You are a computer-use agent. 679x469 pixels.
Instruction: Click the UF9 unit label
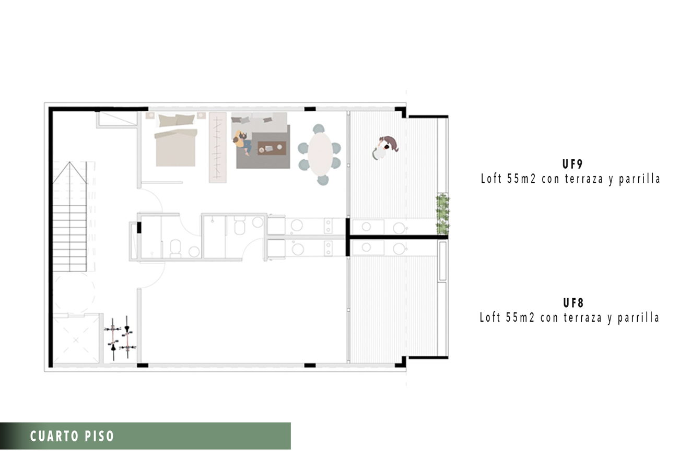pyautogui.click(x=572, y=164)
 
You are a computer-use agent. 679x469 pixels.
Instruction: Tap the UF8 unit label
pyautogui.click(x=573, y=303)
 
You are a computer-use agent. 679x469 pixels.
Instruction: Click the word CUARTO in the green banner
pyautogui.click(x=54, y=436)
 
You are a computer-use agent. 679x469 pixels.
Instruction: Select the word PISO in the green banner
pyautogui.click(x=99, y=436)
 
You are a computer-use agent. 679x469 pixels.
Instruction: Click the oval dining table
pyautogui.click(x=320, y=154)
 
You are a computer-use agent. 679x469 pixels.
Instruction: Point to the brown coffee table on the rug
pyautogui.click(x=272, y=148)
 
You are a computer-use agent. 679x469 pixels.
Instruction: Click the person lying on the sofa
pyautogui.click(x=242, y=143)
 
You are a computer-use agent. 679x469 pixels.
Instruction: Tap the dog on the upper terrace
pyautogui.click(x=391, y=143)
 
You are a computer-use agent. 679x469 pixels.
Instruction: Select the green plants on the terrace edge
pyautogui.click(x=442, y=214)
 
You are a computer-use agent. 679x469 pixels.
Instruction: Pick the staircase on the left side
pyautogui.click(x=70, y=216)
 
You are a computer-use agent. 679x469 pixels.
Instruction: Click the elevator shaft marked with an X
pyautogui.click(x=76, y=339)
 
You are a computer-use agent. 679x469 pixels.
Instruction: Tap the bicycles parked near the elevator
pyautogui.click(x=120, y=338)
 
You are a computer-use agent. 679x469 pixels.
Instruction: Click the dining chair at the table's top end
pyautogui.click(x=319, y=128)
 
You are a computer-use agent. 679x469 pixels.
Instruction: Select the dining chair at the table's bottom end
pyautogui.click(x=323, y=180)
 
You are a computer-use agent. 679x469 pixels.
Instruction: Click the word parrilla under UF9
pyautogui.click(x=639, y=179)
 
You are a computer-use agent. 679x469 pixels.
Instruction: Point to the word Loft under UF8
pyautogui.click(x=490, y=317)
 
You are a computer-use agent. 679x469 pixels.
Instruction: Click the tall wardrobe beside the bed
pyautogui.click(x=218, y=148)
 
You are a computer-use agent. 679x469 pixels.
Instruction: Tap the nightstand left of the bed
pyautogui.click(x=150, y=115)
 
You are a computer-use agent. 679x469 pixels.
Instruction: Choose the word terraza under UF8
pyautogui.click(x=583, y=318)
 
